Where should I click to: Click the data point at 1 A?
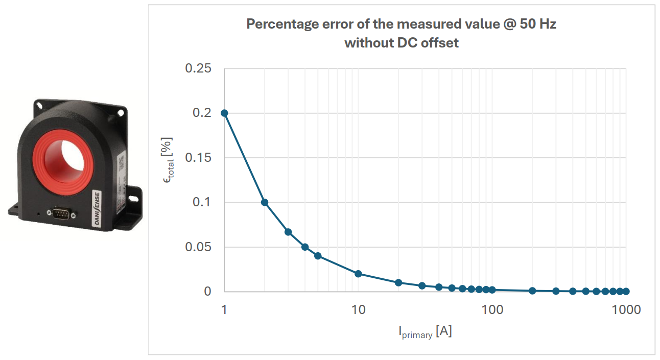click(224, 113)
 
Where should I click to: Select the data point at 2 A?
click(265, 202)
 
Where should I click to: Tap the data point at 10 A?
click(358, 274)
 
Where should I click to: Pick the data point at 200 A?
click(532, 291)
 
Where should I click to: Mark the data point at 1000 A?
click(626, 291)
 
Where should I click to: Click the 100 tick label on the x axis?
click(492, 309)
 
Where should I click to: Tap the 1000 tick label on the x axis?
click(626, 309)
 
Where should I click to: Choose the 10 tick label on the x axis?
click(358, 309)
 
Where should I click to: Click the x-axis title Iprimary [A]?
click(425, 332)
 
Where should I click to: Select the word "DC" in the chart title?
click(407, 43)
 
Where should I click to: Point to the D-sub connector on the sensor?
click(61, 215)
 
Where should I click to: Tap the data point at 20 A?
click(398, 282)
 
